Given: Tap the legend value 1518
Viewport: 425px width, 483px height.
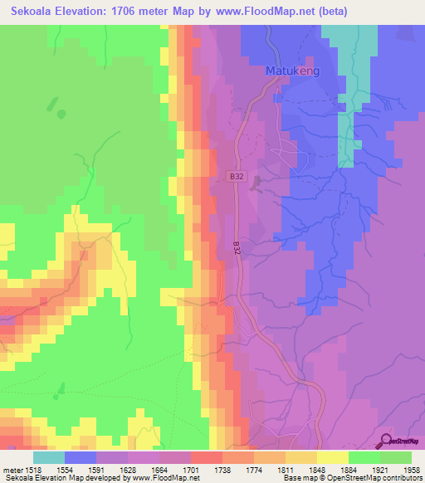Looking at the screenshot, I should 33,469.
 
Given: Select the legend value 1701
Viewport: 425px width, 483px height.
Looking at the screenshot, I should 191,469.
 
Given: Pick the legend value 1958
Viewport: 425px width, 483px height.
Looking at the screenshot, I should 412,469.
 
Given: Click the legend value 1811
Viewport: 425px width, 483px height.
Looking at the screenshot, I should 286,469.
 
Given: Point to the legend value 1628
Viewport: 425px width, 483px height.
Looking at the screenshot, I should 128,469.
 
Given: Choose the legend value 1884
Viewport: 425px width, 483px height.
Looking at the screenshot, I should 349,469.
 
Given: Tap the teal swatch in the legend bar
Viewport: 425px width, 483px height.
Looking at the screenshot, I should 49,456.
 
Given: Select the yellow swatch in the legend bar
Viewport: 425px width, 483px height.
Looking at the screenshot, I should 333,456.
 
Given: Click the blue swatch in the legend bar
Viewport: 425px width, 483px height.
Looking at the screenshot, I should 81,456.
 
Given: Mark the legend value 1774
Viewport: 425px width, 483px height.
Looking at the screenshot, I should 254,469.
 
